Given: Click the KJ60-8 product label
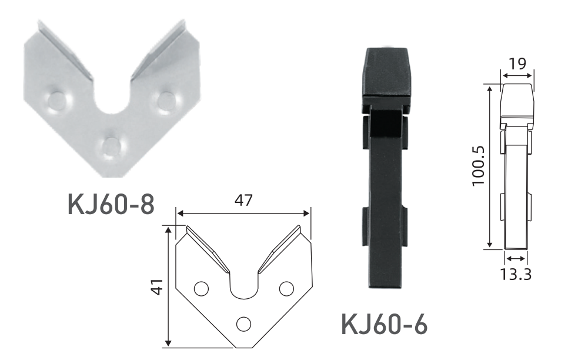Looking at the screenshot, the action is click(111, 204).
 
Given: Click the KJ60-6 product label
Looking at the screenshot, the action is click(385, 324).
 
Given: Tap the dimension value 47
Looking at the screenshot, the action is click(243, 200).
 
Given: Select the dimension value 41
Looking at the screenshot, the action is click(158, 286).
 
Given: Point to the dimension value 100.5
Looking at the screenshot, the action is click(479, 166).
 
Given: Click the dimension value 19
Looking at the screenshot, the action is click(517, 64).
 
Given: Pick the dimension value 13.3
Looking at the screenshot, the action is click(516, 274).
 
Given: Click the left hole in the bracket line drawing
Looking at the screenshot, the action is click(201, 289).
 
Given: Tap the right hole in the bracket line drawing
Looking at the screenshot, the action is click(286, 289).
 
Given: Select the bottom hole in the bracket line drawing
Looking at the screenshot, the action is click(243, 324).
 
